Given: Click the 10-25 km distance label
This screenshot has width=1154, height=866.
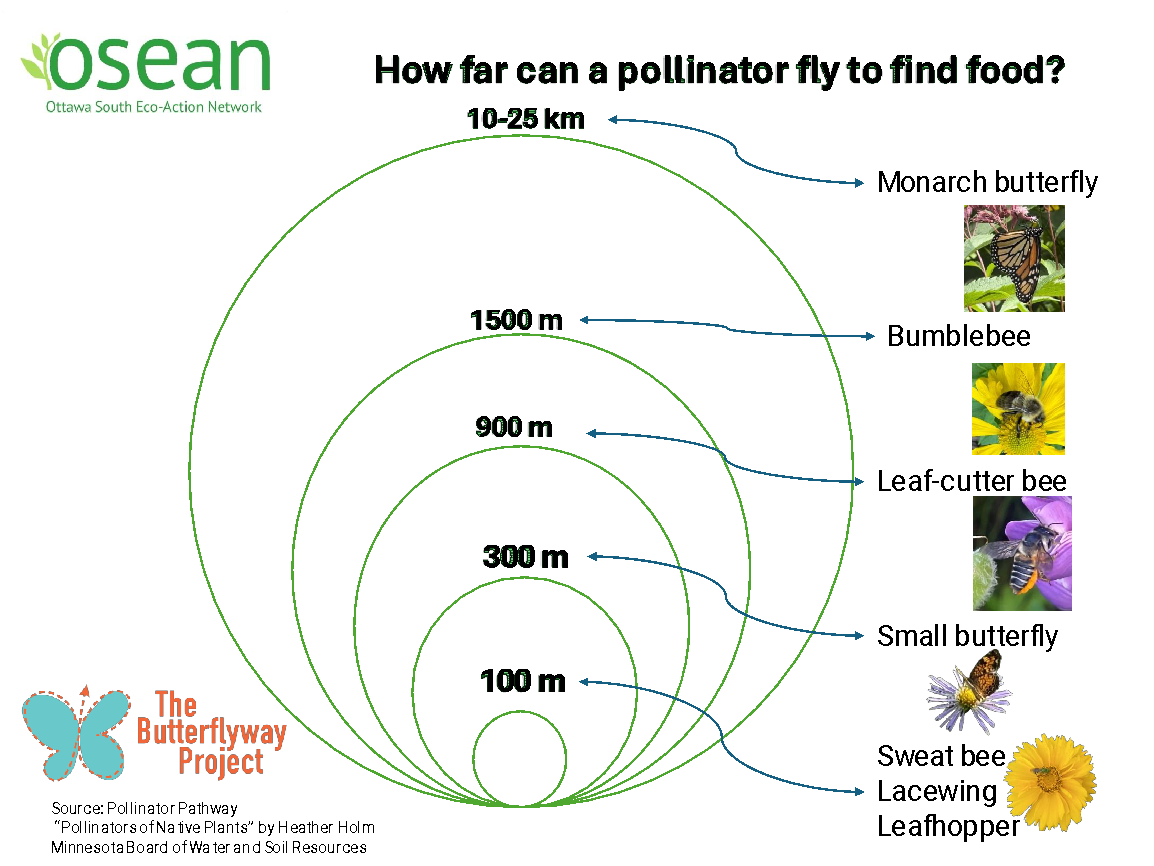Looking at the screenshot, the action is (525, 119).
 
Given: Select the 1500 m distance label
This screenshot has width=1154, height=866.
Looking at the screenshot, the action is (516, 320).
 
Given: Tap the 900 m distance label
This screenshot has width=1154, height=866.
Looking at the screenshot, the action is (514, 428).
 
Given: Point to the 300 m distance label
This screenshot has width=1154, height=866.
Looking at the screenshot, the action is (525, 556).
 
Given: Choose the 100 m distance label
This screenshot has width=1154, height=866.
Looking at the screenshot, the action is (523, 682).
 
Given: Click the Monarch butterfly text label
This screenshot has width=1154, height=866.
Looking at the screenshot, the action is (987, 183).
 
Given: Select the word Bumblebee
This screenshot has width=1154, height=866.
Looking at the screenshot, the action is (958, 336).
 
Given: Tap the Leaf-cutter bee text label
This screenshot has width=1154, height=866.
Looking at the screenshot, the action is (971, 481).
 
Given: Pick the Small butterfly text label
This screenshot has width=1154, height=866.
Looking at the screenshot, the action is (967, 636).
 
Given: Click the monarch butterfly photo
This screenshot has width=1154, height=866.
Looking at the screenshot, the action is (1013, 258).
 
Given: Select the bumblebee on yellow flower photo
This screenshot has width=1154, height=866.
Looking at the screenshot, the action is (1018, 408).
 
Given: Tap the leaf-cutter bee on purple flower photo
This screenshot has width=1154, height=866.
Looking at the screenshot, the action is (1021, 553).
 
